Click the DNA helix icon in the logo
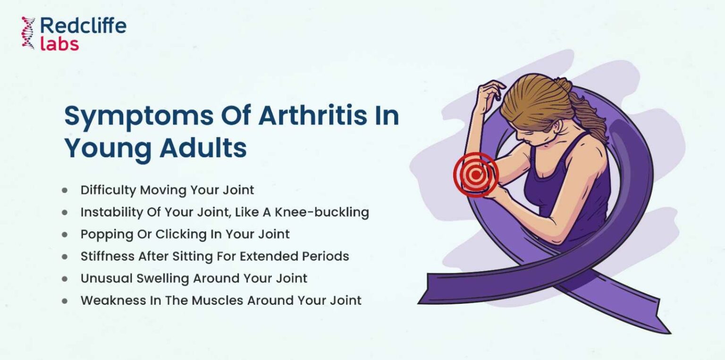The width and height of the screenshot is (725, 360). coord(28,33)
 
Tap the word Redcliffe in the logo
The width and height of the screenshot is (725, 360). coord(83,25)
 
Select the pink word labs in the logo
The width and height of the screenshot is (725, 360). coord(59,44)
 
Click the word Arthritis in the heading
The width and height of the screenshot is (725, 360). coord(312,116)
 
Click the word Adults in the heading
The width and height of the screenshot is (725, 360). coord(203,148)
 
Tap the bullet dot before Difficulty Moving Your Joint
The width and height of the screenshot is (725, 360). coord(65,190)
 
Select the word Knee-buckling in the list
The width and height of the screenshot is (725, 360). coord(322,212)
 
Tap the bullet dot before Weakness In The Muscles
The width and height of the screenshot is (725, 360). coord(65,301)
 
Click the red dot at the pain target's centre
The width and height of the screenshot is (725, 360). coord(475,175)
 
